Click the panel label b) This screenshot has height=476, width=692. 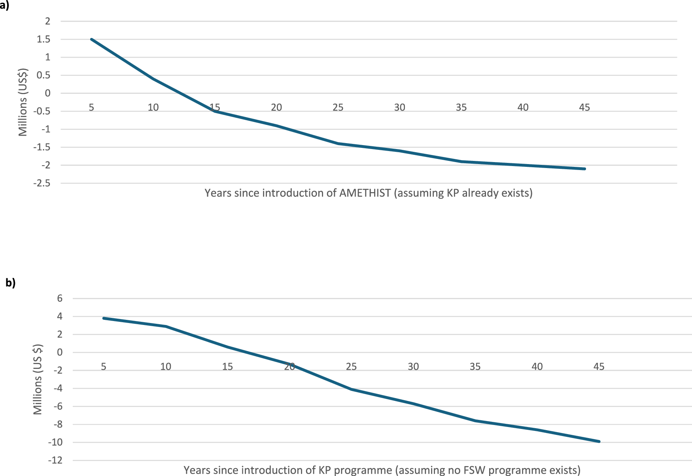[x=10, y=283]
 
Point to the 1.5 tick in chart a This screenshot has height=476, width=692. [x=44, y=39]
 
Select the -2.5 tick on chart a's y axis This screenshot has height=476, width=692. [x=42, y=183]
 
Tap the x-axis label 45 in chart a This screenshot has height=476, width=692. [x=584, y=107]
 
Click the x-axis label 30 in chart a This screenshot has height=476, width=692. [x=400, y=107]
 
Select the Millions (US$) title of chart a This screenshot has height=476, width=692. [x=23, y=102]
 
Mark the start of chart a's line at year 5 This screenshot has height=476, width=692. [x=91, y=39]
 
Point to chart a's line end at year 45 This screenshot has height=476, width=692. [x=584, y=169]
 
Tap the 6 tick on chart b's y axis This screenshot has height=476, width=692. [x=60, y=298]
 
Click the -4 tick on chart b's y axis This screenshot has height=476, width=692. [x=57, y=389]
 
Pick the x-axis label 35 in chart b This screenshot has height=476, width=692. [x=475, y=366]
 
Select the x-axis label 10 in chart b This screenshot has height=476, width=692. [x=166, y=366]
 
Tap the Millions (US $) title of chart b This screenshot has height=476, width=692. [x=38, y=380]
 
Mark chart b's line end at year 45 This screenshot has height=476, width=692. [x=599, y=442]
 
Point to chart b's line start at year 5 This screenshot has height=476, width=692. [x=104, y=318]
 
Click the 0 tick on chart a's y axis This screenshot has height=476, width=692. [x=48, y=93]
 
